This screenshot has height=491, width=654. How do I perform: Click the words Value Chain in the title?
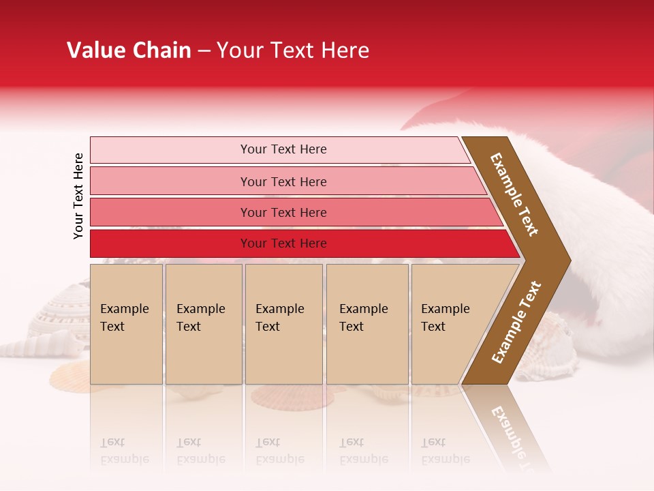coord(129,50)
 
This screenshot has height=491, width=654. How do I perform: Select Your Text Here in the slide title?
coord(293,50)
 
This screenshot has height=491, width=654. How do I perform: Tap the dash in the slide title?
coord(204,51)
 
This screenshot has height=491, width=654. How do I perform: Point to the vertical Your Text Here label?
coord(78,196)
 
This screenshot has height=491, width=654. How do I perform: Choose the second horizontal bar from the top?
coord(283,181)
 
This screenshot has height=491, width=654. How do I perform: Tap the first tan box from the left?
coord(126,324)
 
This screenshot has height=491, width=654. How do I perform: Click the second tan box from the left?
coord(204,324)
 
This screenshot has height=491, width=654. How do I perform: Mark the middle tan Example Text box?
coord(283,324)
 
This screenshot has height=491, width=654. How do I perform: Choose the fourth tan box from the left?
coord(367,324)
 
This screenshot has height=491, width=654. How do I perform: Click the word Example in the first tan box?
coord(124,309)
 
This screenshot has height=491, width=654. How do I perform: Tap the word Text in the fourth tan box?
coord(352,327)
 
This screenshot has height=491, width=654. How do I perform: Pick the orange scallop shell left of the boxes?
coord(70,374)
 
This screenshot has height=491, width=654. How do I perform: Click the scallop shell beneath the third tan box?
coord(290,395)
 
